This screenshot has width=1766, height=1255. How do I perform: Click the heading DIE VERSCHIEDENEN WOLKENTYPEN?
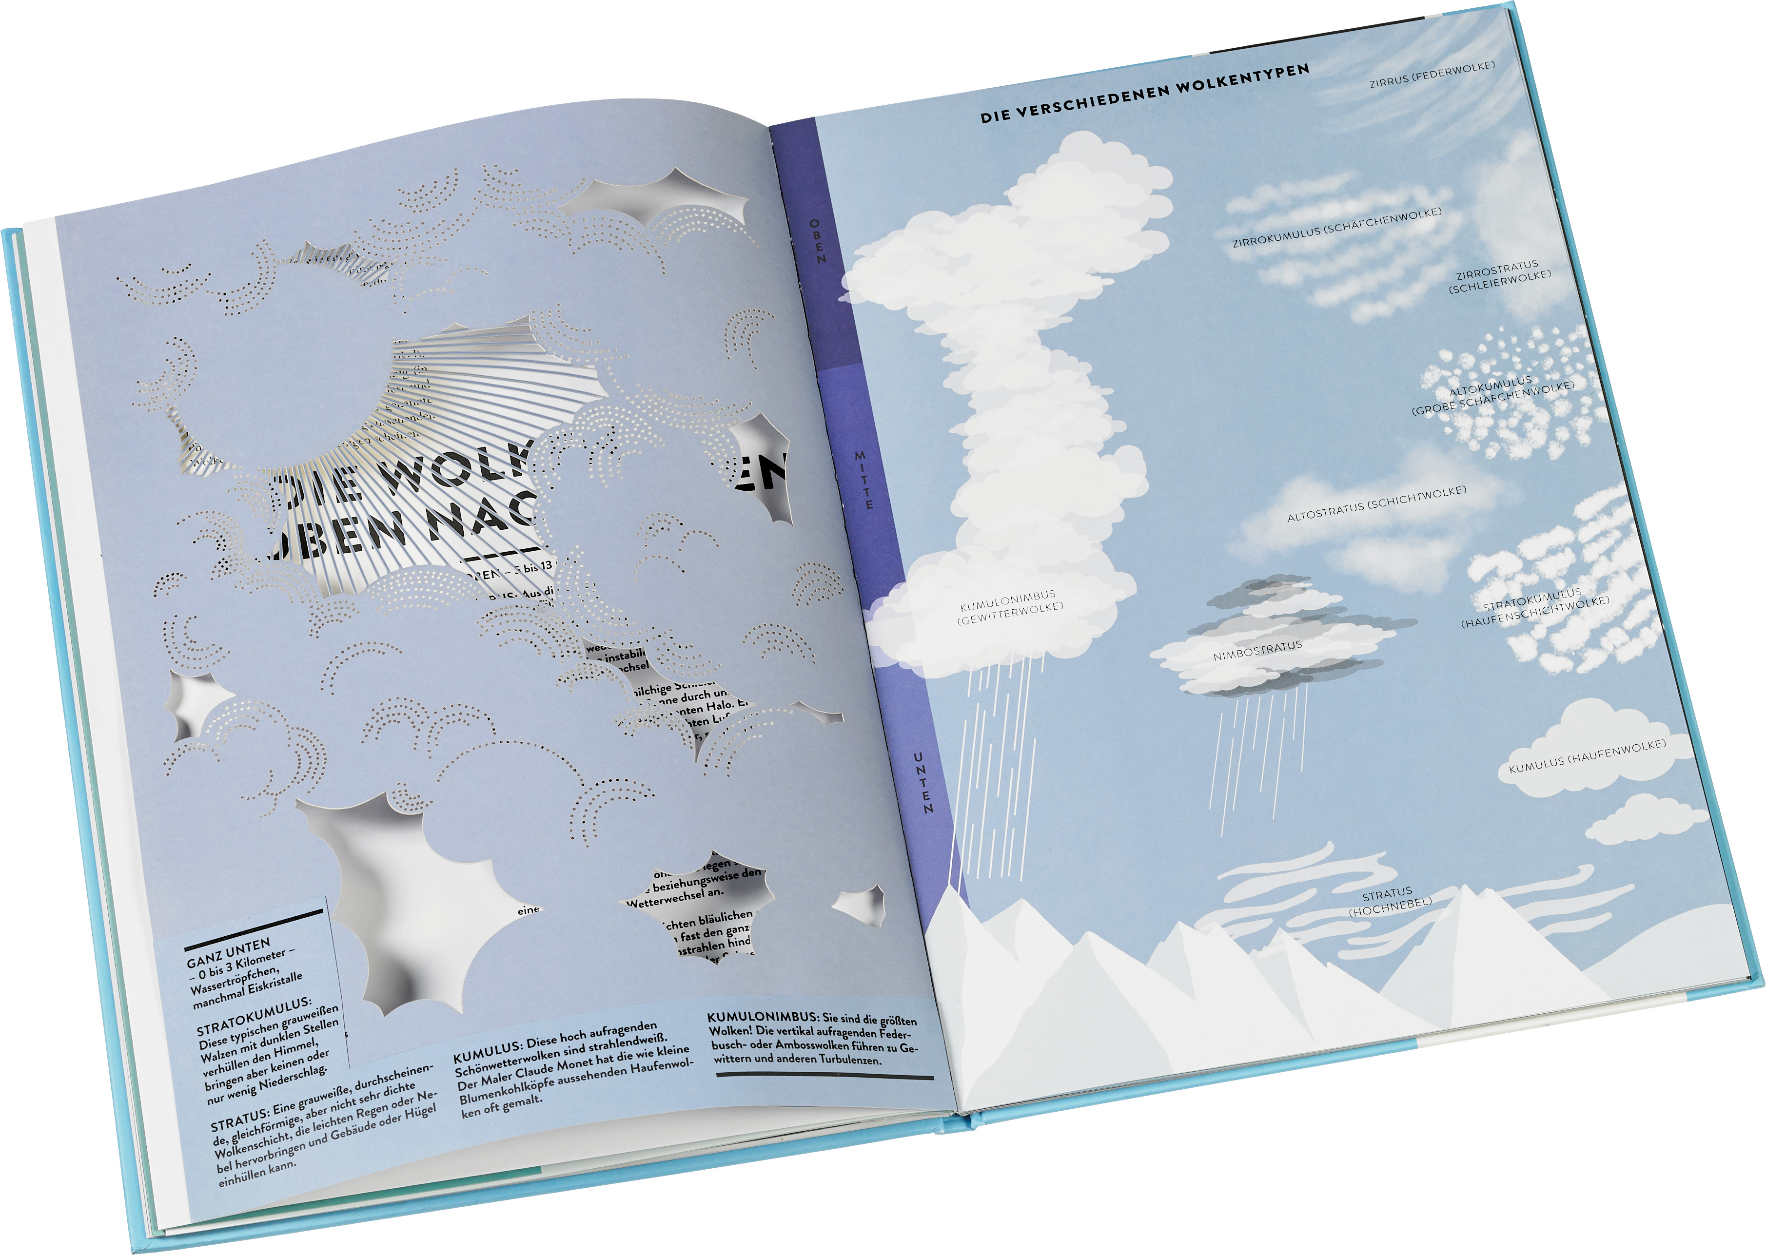point(1145,93)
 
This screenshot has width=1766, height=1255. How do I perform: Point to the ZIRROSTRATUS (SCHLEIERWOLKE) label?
point(1499,276)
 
